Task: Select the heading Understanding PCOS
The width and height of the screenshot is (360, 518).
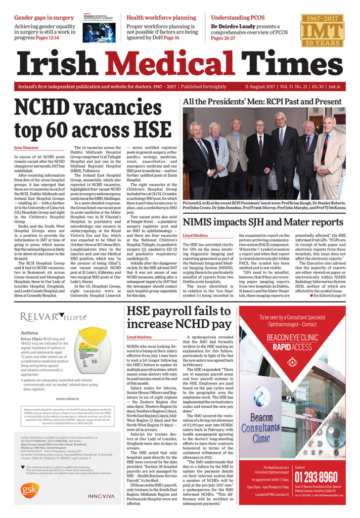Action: [x=238, y=18]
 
